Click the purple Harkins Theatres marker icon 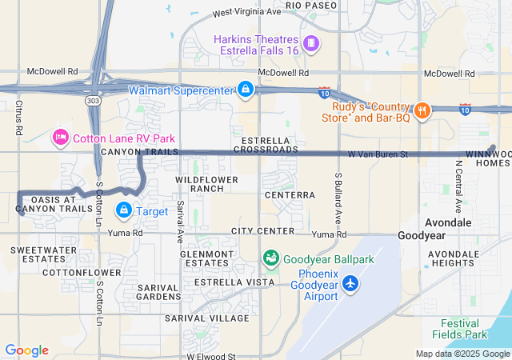(x=310, y=42)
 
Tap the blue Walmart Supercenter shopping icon (x=246, y=89)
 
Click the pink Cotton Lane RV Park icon (x=59, y=138)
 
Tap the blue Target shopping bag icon (x=124, y=211)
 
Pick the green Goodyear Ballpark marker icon (x=271, y=258)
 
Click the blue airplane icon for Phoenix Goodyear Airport (x=350, y=282)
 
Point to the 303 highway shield (x=94, y=102)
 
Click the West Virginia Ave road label (x=247, y=13)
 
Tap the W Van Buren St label (x=378, y=154)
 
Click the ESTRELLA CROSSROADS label (x=264, y=145)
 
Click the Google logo (x=26, y=350)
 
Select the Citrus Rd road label (x=18, y=117)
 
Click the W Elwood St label (x=211, y=356)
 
